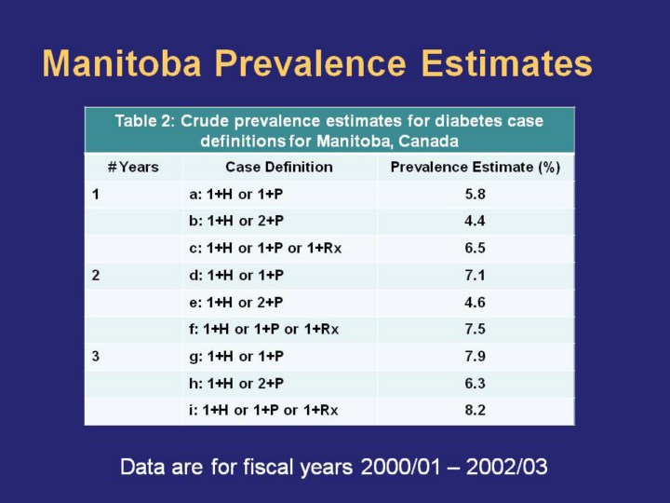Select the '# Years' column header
(133, 168)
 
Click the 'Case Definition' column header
(278, 168)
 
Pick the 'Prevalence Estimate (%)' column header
(476, 168)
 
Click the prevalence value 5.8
(476, 195)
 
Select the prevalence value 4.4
(476, 222)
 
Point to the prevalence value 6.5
(476, 249)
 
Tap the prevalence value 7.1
(476, 276)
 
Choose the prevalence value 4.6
(476, 303)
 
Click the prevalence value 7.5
(476, 330)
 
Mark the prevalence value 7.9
(476, 357)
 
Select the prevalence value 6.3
(476, 384)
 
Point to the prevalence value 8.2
(476, 411)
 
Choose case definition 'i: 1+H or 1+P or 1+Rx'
(263, 411)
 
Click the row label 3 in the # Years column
(96, 357)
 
